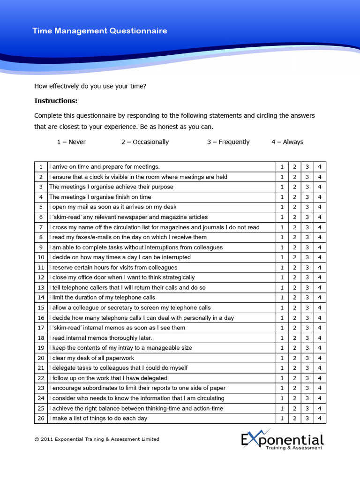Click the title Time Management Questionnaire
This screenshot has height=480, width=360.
coord(99,31)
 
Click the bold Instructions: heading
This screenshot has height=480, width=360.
coord(56,101)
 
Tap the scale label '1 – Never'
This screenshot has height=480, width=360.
coord(71,142)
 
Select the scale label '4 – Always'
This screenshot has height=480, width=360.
coord(287,142)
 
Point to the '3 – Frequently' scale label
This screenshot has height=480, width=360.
coord(228,142)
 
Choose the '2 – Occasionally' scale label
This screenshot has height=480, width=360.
coord(145,142)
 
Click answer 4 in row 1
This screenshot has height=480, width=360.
coord(320,167)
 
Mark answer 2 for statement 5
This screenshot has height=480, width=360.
coord(294,207)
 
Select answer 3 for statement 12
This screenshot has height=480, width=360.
coord(307,277)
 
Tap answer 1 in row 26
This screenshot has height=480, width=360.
coord(282,418)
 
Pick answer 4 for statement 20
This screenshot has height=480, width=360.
coord(320,358)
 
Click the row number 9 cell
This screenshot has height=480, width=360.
coord(41,247)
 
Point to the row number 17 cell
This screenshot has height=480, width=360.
coord(41,328)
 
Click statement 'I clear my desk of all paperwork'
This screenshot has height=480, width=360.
coord(91,358)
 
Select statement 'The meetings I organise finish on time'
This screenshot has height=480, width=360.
coord(100,197)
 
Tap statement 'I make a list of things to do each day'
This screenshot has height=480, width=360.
coord(98,418)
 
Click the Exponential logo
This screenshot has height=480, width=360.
coord(282,441)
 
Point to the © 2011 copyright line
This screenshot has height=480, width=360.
coord(97,439)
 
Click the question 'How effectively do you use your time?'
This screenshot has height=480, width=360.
coord(90,86)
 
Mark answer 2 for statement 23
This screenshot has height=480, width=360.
coord(294,388)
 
